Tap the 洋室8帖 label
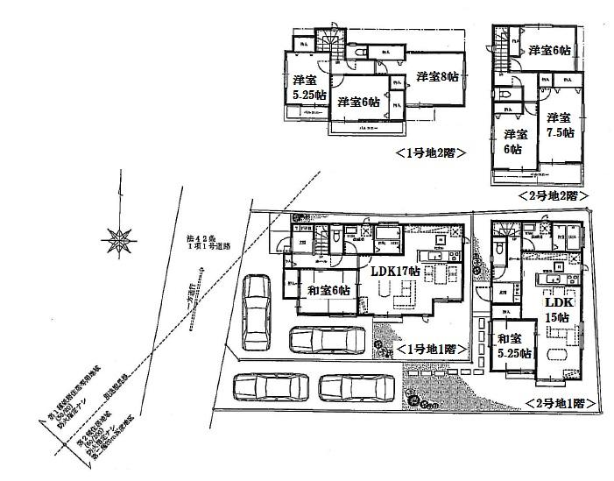pyautogui.click(x=436, y=76)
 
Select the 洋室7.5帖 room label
pyautogui.click(x=559, y=124)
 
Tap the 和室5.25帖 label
pyautogui.click(x=513, y=346)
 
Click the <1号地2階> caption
pyautogui.click(x=429, y=152)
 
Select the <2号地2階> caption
pyautogui.click(x=552, y=195)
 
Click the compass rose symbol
pyautogui.click(x=116, y=237)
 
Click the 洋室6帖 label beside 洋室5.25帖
pyautogui.click(x=359, y=102)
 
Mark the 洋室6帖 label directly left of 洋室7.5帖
pyautogui.click(x=515, y=140)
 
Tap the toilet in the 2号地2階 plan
pyautogui.click(x=505, y=95)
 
